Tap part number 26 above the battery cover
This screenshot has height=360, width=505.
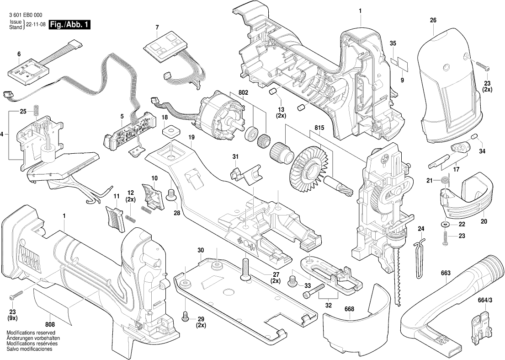[433, 20]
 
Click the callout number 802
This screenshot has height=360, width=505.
[243, 93]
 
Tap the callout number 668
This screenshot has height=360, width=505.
[349, 309]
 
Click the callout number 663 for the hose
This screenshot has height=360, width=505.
[446, 273]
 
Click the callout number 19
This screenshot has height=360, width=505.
[191, 137]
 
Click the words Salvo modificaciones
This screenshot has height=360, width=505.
[29, 349]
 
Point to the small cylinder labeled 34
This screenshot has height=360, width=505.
[475, 138]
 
